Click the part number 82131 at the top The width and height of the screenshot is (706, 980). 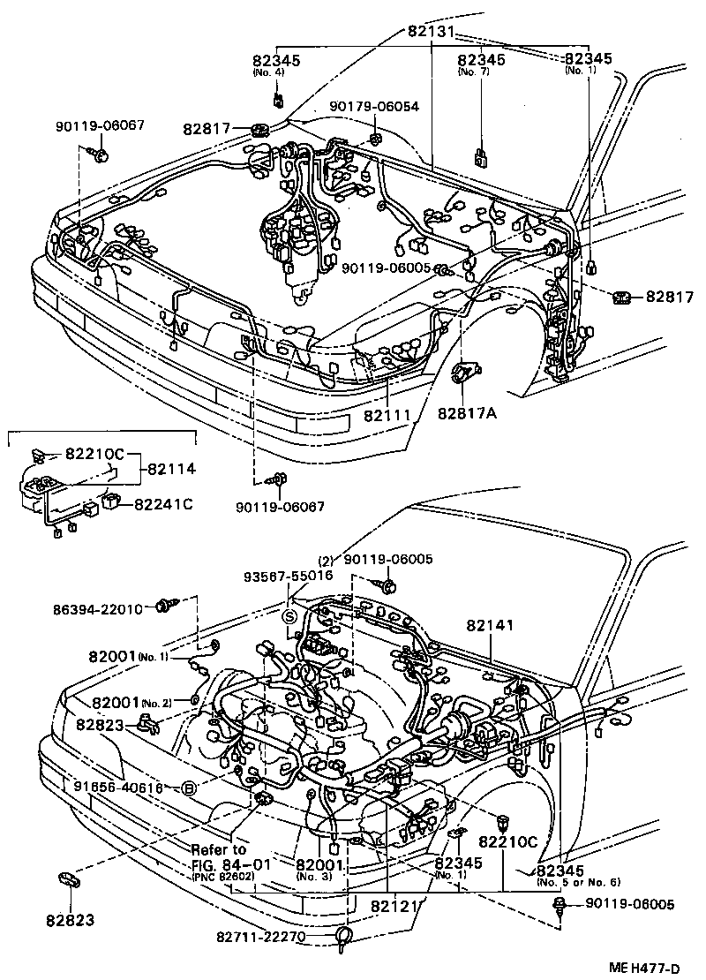431,31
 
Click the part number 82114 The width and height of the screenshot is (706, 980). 170,470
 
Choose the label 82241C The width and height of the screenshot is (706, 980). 163,504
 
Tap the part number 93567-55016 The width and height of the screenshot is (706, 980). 289,575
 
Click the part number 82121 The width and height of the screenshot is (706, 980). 394,907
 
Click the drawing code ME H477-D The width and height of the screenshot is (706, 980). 654,969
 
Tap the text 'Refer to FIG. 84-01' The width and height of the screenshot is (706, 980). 221,856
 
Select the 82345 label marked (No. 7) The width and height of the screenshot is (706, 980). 481,60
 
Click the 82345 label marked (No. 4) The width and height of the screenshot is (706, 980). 275,60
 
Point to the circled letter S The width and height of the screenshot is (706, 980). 289,615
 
